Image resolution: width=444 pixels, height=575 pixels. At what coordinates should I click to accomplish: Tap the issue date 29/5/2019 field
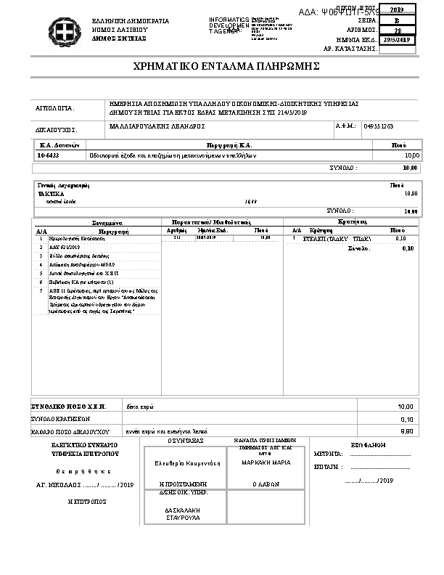click(398, 40)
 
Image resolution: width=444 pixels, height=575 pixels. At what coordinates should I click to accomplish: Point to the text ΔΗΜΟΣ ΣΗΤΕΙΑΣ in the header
click(118, 38)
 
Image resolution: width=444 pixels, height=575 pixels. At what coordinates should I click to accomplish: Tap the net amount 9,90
click(406, 431)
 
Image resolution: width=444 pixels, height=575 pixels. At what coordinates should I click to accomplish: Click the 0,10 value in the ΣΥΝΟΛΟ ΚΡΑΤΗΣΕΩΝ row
click(406, 419)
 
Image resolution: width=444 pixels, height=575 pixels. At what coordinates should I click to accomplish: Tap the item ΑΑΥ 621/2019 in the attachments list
click(62, 247)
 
